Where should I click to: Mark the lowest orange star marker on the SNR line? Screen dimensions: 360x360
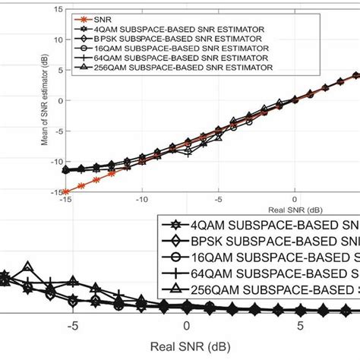(x=65, y=191)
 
